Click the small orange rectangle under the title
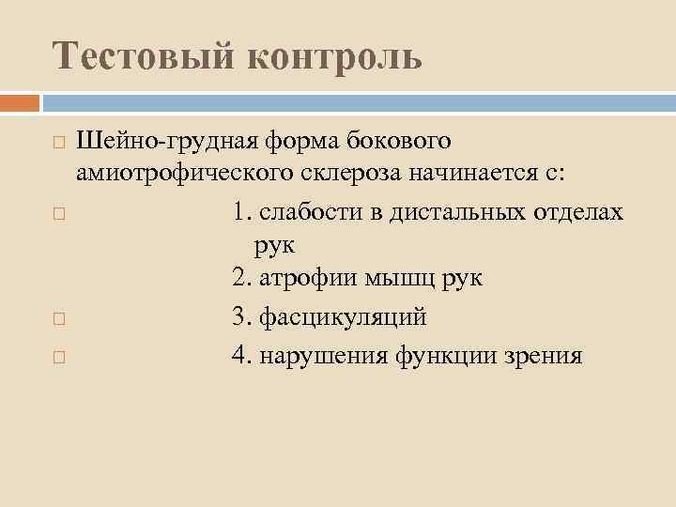pyautogui.click(x=19, y=102)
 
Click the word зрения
pyautogui.click(x=547, y=357)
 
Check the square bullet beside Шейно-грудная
pyautogui.click(x=58, y=144)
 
